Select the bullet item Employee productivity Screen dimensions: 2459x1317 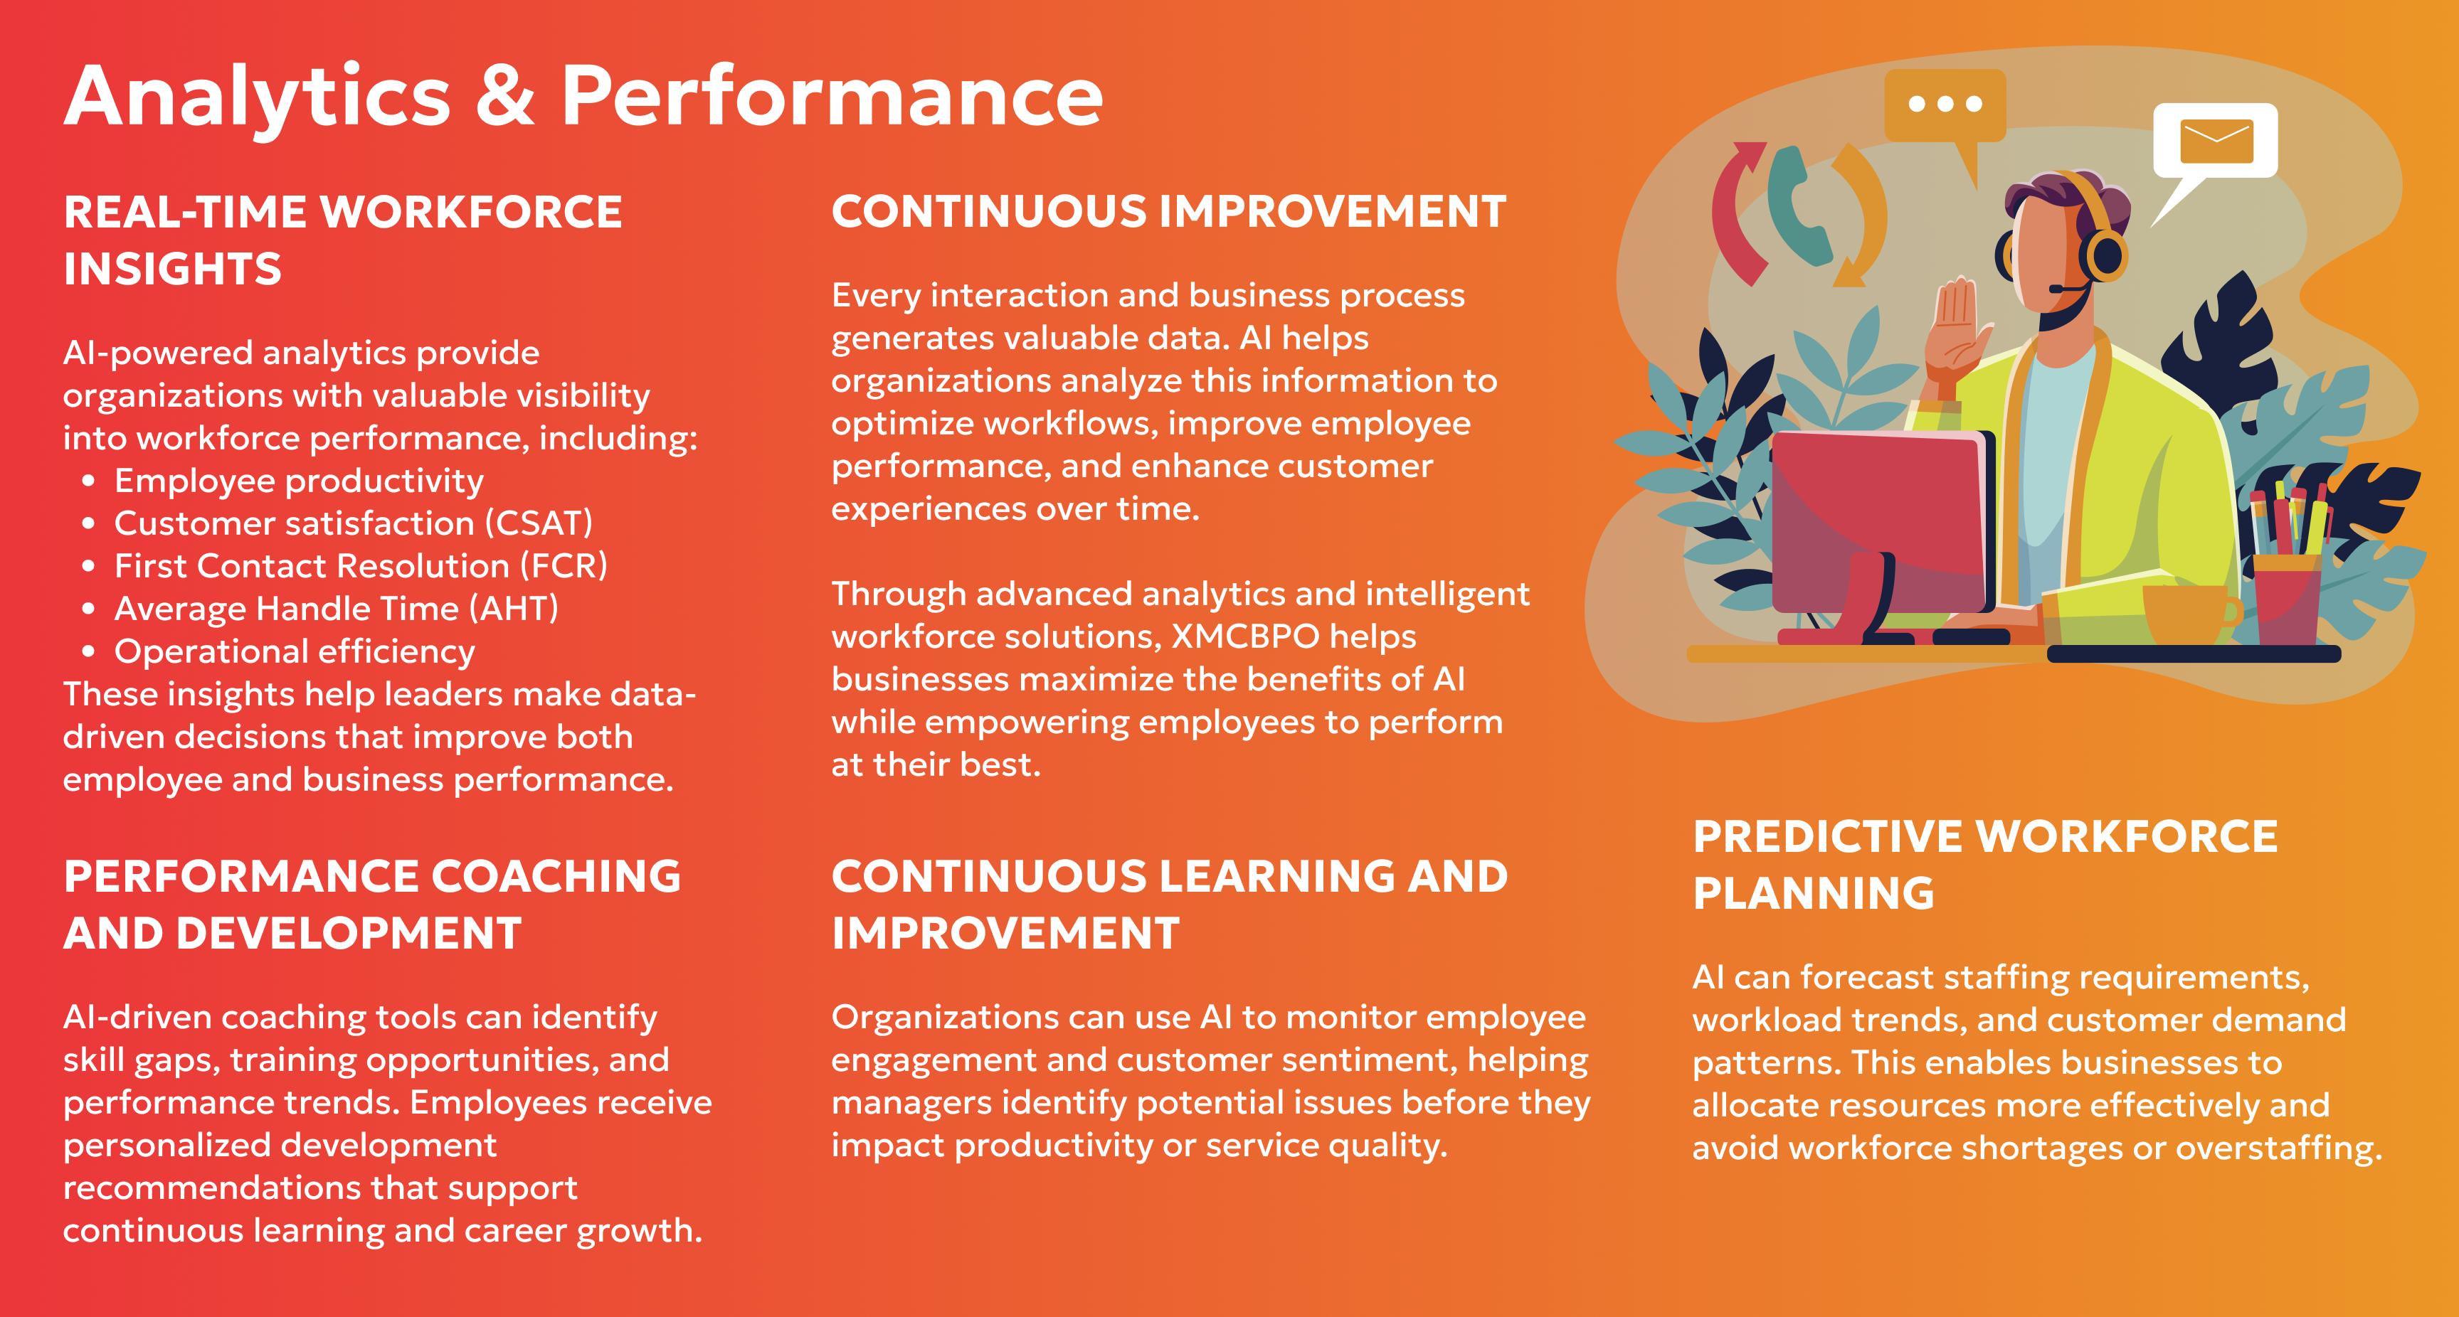tap(299, 481)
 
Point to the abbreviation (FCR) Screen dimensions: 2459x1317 tap(564, 566)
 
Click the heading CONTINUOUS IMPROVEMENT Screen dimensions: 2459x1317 tap(1168, 211)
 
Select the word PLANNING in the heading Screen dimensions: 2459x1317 tap(1814, 893)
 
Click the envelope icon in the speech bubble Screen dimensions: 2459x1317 tap(2216, 142)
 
